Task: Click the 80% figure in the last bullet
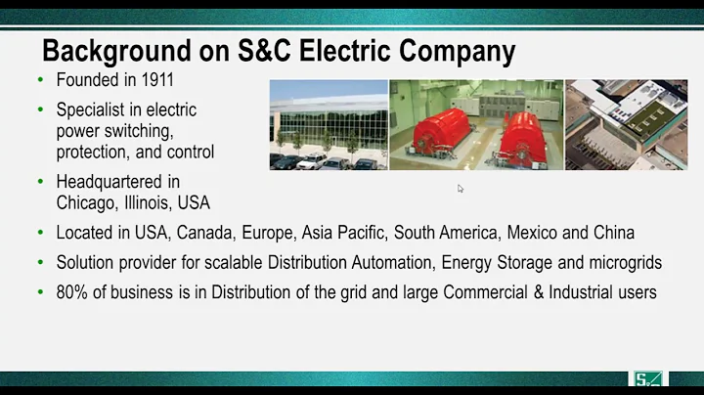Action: click(73, 291)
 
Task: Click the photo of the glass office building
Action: click(328, 125)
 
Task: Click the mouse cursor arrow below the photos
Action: click(461, 189)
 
